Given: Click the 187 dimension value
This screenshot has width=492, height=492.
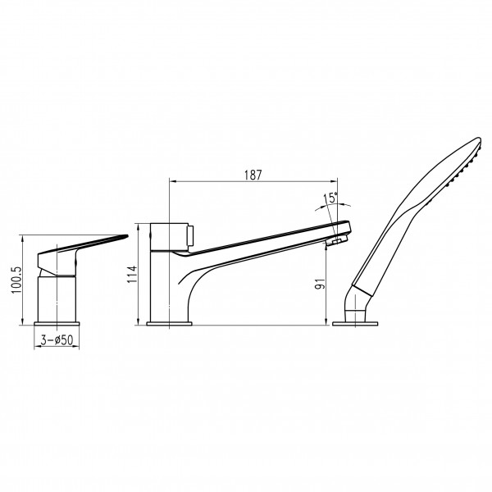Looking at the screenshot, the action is [x=253, y=175].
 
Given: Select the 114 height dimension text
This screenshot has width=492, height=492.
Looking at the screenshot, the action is [x=132, y=274].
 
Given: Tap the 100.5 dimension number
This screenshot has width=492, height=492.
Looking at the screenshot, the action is [x=16, y=280].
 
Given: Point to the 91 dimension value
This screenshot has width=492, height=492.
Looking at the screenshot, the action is [x=321, y=284].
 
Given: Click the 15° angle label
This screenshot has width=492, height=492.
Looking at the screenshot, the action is [x=330, y=198].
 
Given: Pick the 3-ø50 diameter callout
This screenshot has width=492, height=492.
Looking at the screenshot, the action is [x=57, y=339].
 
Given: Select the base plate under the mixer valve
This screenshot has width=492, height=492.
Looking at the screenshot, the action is [x=57, y=324].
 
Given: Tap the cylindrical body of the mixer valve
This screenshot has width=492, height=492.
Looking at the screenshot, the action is [x=57, y=299].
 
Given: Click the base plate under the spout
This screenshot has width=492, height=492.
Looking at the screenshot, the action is [x=169, y=324].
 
